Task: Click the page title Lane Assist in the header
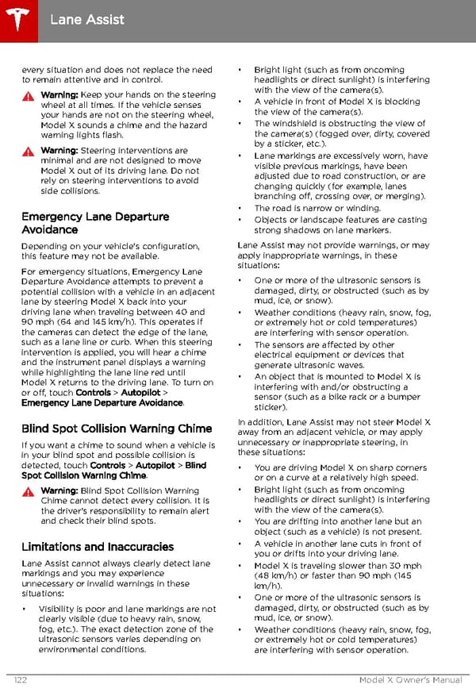tap(87, 19)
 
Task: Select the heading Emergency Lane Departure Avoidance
tap(95, 223)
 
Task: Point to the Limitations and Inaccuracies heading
tap(98, 547)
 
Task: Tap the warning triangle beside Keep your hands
tap(29, 96)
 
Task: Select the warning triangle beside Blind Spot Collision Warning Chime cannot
tap(29, 492)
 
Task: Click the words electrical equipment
tap(291, 356)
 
